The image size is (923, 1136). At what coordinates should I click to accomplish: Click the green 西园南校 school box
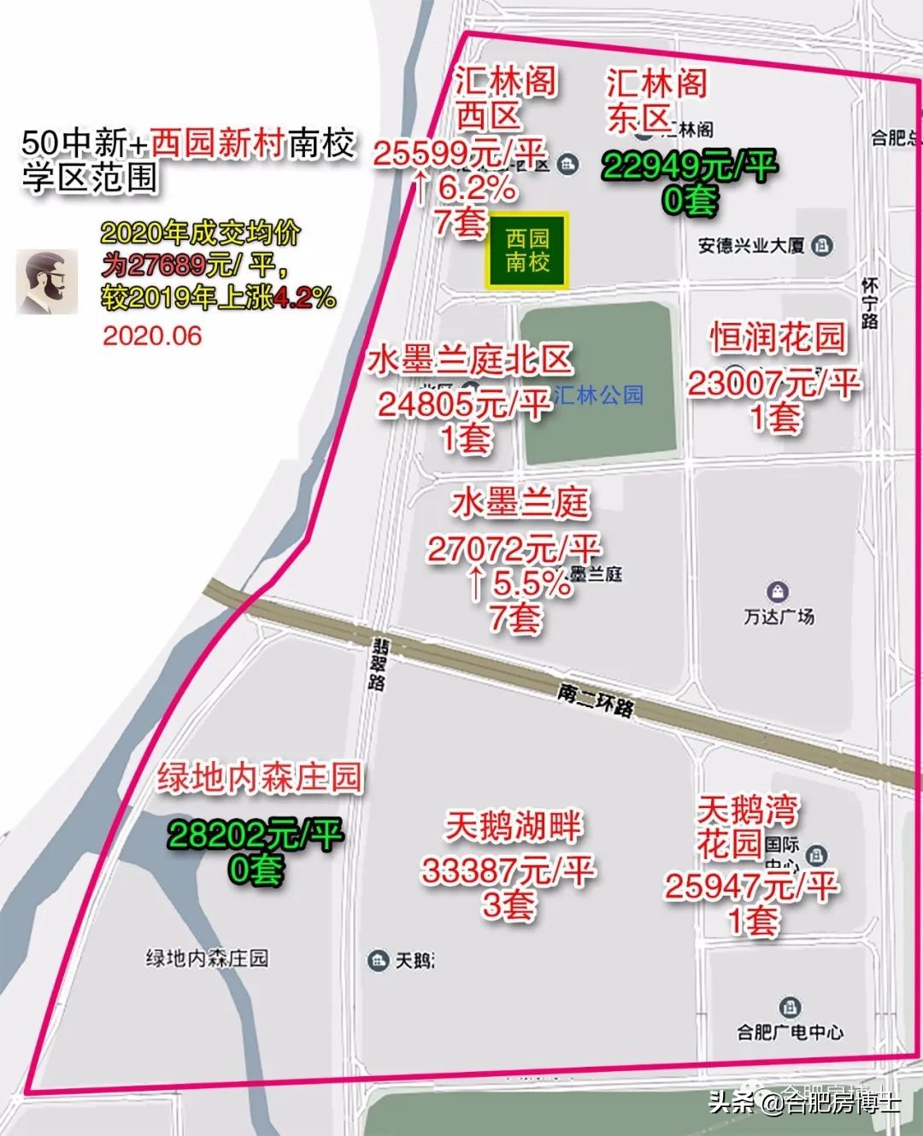[526, 250]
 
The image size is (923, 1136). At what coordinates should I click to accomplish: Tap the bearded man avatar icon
[48, 282]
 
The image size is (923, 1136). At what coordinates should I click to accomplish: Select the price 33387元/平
[508, 871]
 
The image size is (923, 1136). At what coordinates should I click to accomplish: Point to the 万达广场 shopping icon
[777, 591]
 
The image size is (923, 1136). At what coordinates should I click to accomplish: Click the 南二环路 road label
[596, 700]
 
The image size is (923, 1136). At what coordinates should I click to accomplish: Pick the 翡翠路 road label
[377, 664]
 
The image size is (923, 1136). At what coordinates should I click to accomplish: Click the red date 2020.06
[152, 336]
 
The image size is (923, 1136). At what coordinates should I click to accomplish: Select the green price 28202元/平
[255, 834]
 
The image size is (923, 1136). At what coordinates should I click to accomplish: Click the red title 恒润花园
[777, 338]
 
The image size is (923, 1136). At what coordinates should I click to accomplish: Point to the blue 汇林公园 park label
[598, 395]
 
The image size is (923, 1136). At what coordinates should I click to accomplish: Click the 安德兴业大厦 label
[752, 246]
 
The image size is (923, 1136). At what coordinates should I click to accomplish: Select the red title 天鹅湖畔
[513, 826]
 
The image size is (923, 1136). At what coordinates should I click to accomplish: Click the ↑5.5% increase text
[518, 584]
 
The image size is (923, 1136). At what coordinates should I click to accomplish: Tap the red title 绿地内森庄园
[259, 778]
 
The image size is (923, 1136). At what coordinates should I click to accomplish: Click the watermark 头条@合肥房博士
[803, 1103]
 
